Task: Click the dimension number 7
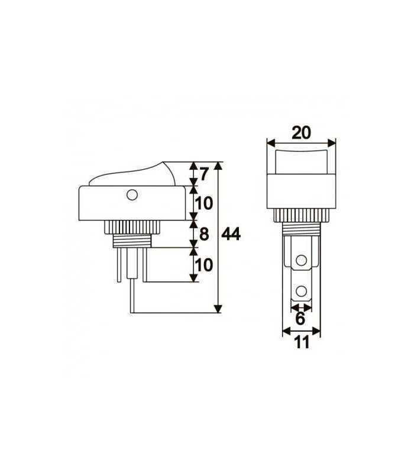coord(204,174)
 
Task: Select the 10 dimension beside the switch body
coord(203,203)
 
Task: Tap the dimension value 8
coord(204,234)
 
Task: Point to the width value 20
coord(301,132)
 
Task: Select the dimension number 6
coord(300,319)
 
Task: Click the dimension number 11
coord(301,342)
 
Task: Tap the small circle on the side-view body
coord(131,193)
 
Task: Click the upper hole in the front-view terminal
coord(302,260)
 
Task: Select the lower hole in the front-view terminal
coord(302,291)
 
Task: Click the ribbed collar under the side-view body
coord(132,226)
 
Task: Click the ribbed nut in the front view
coord(301,215)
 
